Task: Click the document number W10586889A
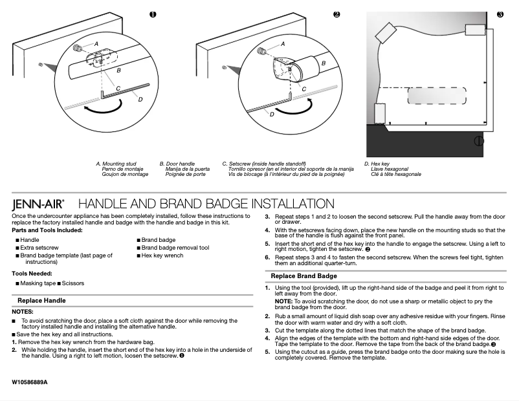[30, 382]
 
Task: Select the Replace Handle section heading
[41, 301]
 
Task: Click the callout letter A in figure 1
[96, 43]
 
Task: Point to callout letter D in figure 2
[272, 114]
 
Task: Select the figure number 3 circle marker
[500, 14]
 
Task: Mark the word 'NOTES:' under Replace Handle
[22, 312]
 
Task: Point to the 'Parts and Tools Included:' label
[47, 230]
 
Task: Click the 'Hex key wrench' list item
[162, 255]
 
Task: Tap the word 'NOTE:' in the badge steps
[284, 301]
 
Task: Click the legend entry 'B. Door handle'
[177, 164]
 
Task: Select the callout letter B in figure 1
[118, 69]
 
